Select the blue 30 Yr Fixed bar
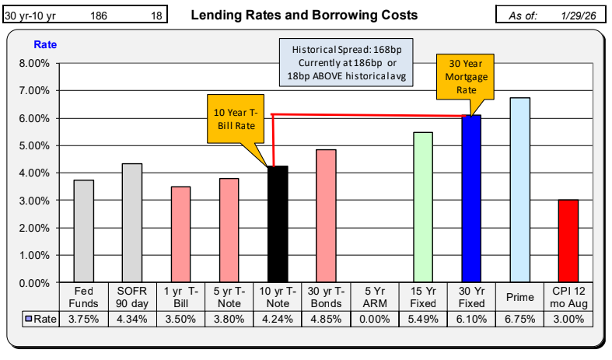click(472, 198)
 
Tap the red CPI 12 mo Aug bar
click(568, 241)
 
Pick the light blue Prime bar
click(519, 190)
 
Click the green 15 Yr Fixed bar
click(423, 207)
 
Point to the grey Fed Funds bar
click(83, 231)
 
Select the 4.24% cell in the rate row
click(277, 319)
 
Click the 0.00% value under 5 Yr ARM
click(374, 319)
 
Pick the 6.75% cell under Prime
click(519, 319)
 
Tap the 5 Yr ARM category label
click(374, 297)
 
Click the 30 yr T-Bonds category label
click(326, 297)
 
